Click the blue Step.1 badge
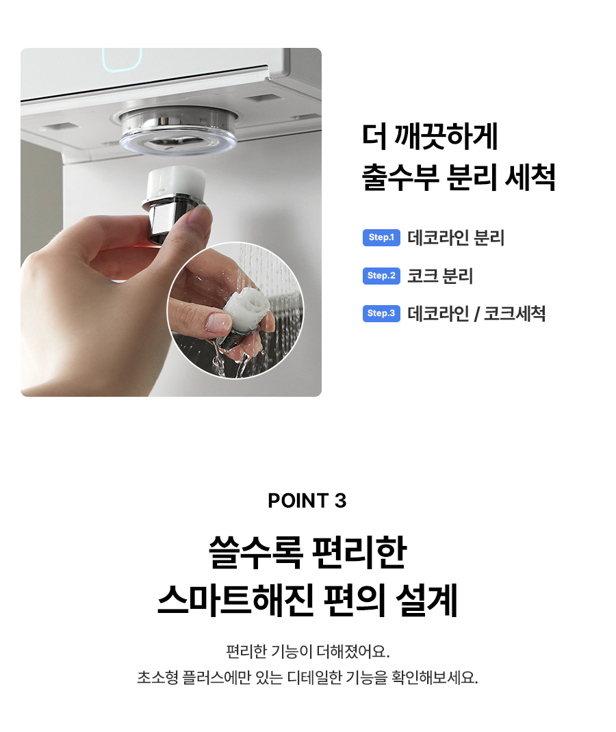coord(381,237)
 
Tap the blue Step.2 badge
coord(381,276)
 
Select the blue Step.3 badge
coord(381,313)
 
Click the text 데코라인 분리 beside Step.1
coord(456,237)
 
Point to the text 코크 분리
coord(440,276)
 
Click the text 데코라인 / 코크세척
coord(476,314)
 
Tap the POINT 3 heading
coord(307,501)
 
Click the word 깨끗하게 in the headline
coord(446,136)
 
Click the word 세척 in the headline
coord(530,177)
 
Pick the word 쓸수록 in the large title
coord(255,553)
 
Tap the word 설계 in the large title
coord(426,600)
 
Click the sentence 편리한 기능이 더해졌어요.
coord(308,651)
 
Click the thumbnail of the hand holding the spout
coord(235,310)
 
